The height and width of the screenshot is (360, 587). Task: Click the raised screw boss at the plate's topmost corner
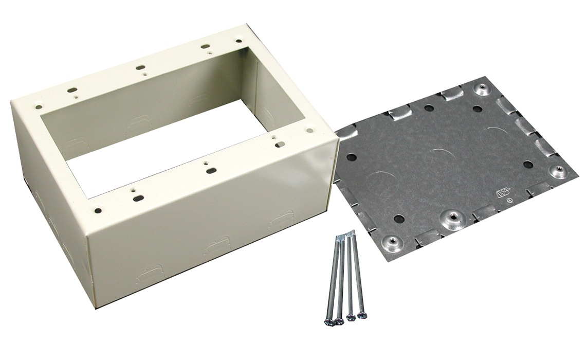[x=482, y=90]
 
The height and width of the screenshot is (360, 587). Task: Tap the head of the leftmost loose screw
[x=327, y=321]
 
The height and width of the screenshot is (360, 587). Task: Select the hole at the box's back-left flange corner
[x=39, y=107]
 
